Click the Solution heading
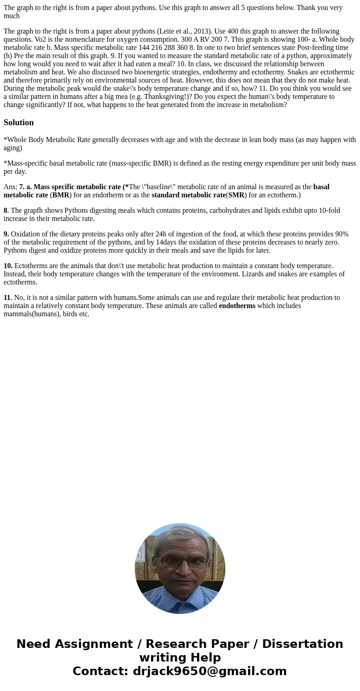click(x=19, y=123)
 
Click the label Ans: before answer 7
click(x=10, y=187)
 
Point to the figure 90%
click(x=341, y=234)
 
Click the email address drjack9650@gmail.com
click(x=209, y=671)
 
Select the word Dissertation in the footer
click(x=302, y=644)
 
